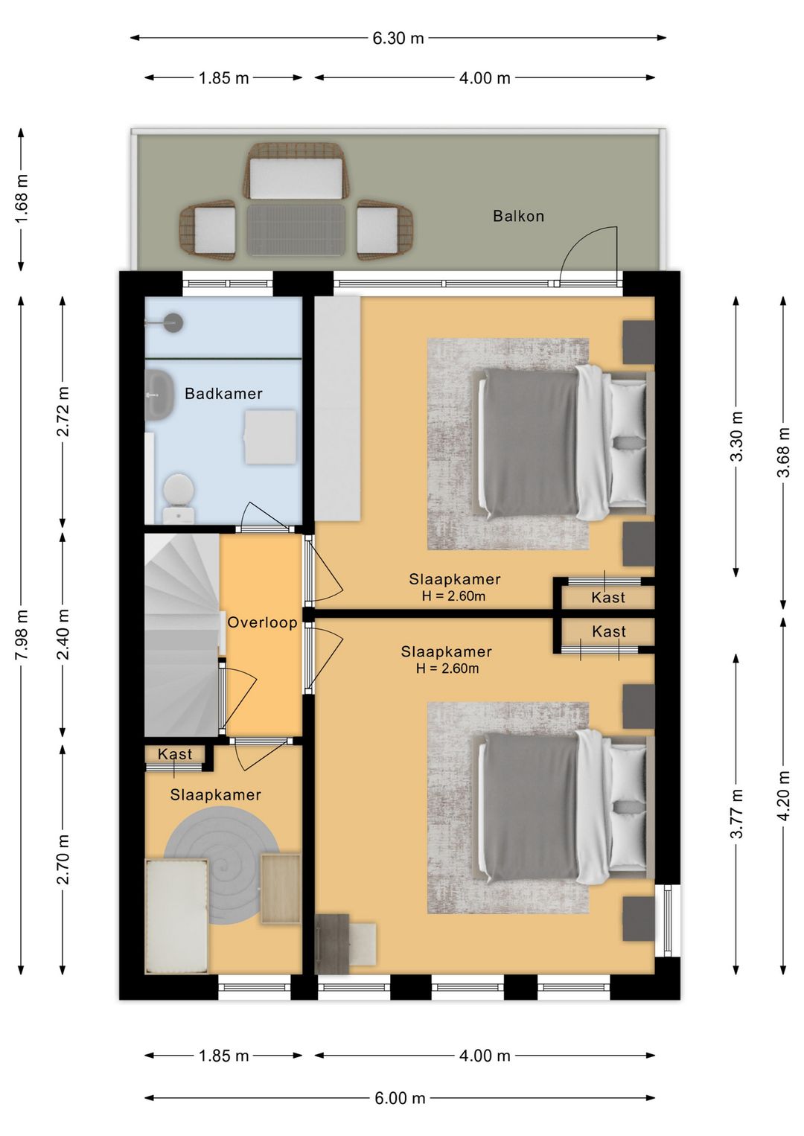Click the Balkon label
pyautogui.click(x=518, y=216)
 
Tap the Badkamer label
pyautogui.click(x=223, y=394)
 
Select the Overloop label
pyautogui.click(x=262, y=622)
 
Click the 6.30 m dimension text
pyautogui.click(x=398, y=38)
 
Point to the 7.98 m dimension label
pyautogui.click(x=22, y=635)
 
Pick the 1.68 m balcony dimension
pyautogui.click(x=22, y=198)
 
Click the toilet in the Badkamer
pyautogui.click(x=179, y=498)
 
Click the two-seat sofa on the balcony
pyautogui.click(x=296, y=171)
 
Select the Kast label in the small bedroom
pyautogui.click(x=175, y=754)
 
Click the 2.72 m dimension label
pyautogui.click(x=63, y=411)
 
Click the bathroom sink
pyautogui.click(x=159, y=395)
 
